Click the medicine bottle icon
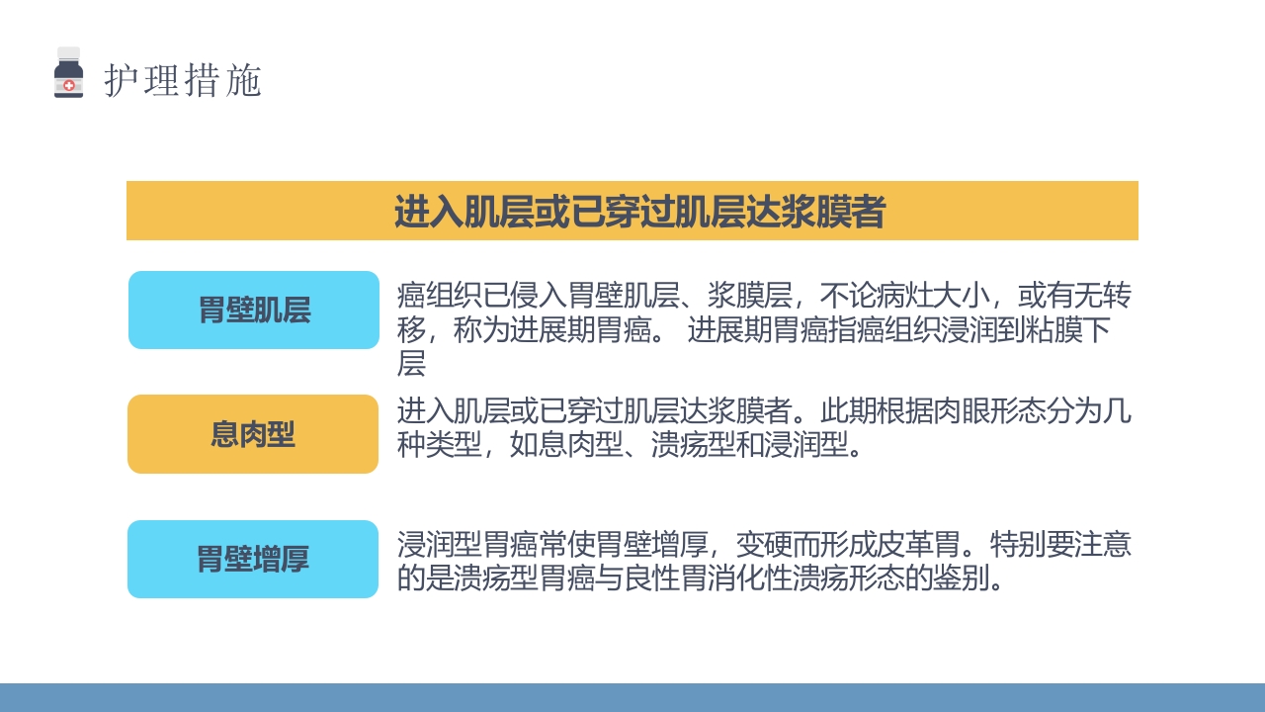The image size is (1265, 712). pos(68,75)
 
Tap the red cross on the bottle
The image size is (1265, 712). pos(68,86)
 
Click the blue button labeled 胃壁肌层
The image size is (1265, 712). pos(254,311)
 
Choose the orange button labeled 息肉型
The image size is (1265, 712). pos(253,434)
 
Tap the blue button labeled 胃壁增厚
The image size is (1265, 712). pos(253,559)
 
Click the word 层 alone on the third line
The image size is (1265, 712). pos(411,364)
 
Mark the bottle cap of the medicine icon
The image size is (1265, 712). pos(68,53)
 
